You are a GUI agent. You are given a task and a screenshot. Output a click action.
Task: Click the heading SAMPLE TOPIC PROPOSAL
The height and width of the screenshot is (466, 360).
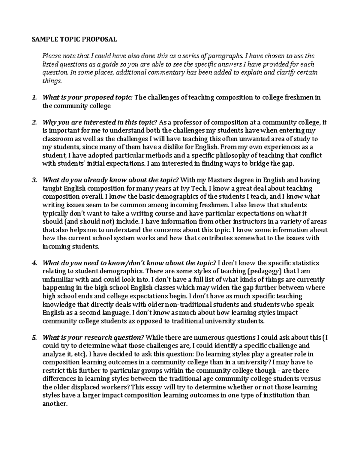(74, 39)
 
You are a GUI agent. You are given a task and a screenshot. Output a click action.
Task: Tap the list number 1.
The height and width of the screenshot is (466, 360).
(34, 98)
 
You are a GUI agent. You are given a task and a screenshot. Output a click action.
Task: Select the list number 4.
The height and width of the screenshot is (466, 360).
(34, 263)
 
